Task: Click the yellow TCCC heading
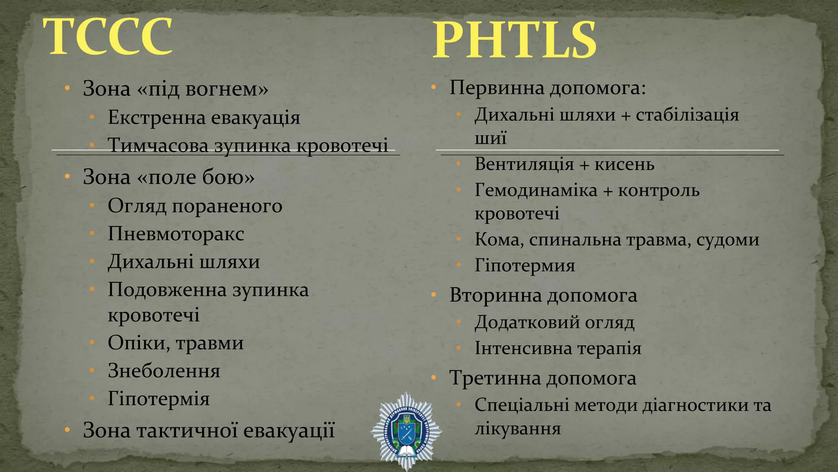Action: pyautogui.click(x=108, y=37)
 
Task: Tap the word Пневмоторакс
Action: pyautogui.click(x=176, y=234)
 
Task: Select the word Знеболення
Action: pyautogui.click(x=164, y=371)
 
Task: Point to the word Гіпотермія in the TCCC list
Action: pyautogui.click(x=159, y=399)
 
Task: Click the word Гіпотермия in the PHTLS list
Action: pyautogui.click(x=525, y=265)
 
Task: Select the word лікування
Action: pyautogui.click(x=518, y=429)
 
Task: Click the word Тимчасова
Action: pyautogui.click(x=158, y=145)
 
